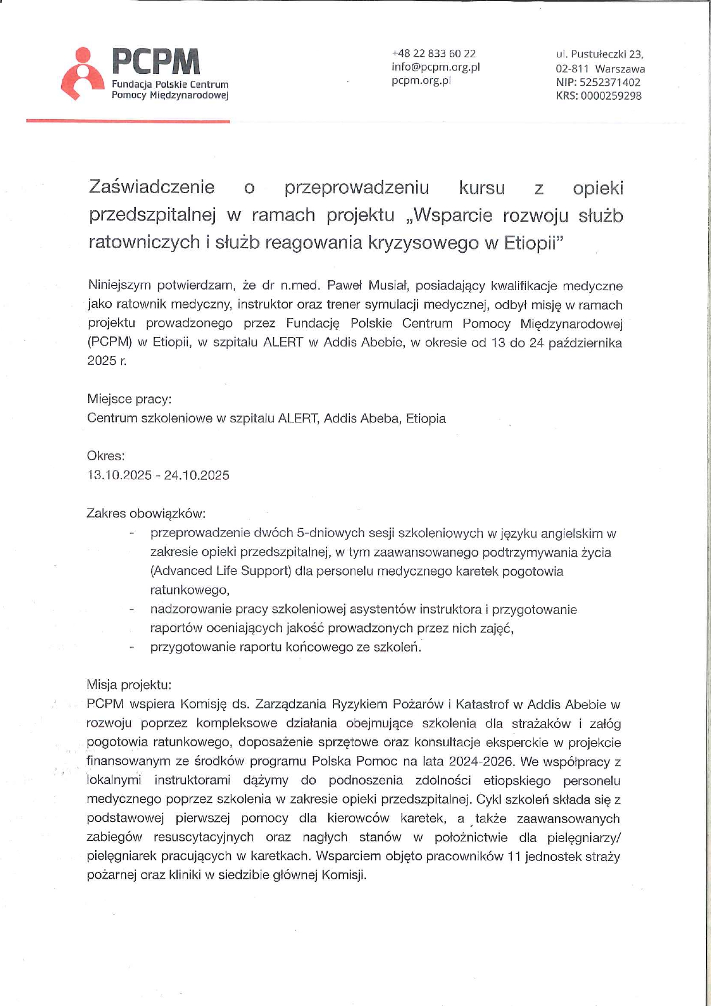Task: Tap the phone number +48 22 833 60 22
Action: (434, 53)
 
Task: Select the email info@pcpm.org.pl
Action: (435, 67)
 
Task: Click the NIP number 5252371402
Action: (610, 82)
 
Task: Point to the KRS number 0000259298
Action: (611, 96)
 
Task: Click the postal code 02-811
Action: (572, 69)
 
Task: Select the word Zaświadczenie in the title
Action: (152, 187)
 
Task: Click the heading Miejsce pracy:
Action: (129, 398)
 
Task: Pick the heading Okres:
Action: (105, 456)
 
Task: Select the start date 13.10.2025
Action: (119, 475)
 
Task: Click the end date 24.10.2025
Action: (197, 475)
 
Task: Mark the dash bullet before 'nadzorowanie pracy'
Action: (132, 609)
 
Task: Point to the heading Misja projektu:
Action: (129, 684)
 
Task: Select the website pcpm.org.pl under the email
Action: (421, 81)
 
